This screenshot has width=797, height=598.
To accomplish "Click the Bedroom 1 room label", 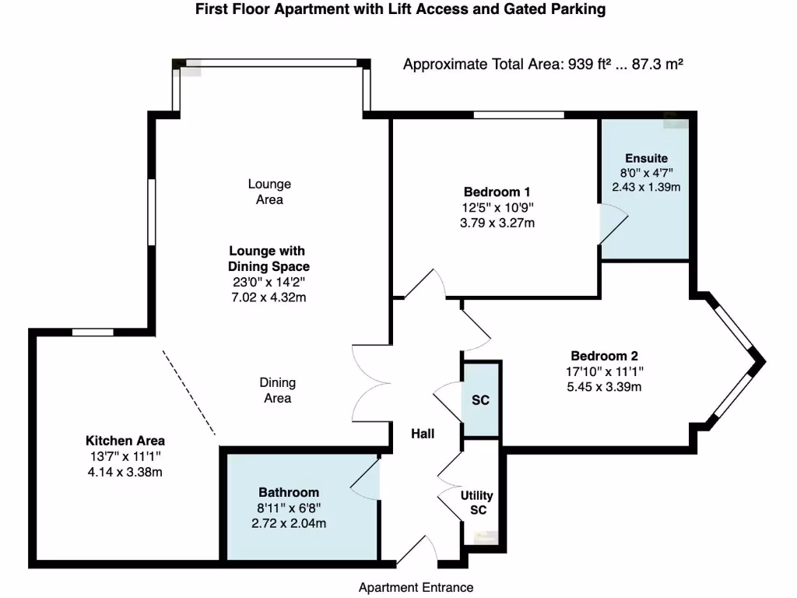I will click(x=498, y=192).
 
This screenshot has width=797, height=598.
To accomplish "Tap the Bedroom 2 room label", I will click(x=605, y=355).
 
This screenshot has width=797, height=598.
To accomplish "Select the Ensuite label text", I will click(x=646, y=158).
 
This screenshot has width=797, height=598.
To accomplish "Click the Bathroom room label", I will click(x=289, y=492).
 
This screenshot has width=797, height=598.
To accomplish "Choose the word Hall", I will click(x=423, y=434).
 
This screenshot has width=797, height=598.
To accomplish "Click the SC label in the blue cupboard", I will click(x=480, y=400).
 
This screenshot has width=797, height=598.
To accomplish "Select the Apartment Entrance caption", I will click(x=416, y=587).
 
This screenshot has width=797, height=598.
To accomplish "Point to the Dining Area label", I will click(x=277, y=390).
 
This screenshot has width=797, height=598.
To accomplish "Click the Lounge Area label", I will click(x=269, y=192).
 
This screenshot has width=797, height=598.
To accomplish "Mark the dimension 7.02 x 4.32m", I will click(x=267, y=297).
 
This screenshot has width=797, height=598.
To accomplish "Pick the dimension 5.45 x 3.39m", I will click(x=605, y=387).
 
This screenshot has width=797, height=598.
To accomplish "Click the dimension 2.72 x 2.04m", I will click(x=289, y=523).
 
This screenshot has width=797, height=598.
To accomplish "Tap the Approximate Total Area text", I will click(x=542, y=65).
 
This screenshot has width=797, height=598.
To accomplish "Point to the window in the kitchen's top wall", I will click(x=93, y=332).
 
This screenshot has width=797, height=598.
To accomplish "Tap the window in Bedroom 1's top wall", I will click(x=518, y=115).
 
